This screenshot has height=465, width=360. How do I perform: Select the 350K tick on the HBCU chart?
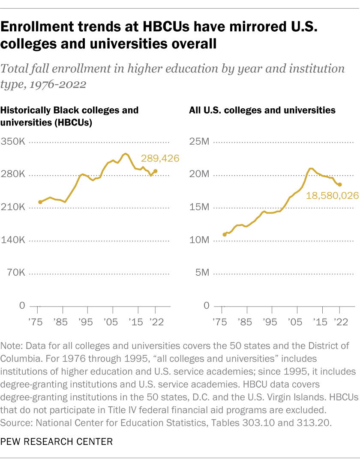tap(13, 142)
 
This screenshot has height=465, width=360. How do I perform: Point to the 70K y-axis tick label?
tap(15, 273)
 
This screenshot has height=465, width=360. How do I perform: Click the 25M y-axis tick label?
tap(199, 142)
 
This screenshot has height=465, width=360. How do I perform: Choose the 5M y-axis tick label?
tap(202, 273)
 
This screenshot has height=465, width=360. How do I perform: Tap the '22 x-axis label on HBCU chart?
tap(155, 322)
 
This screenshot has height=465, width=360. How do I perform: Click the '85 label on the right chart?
tap(245, 322)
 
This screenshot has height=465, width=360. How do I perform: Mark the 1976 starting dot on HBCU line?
tap(40, 202)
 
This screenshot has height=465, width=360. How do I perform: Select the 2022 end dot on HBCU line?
tap(155, 171)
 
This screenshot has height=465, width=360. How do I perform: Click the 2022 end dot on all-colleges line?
tap(339, 185)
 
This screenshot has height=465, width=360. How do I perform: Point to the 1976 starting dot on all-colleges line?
tap(225, 235)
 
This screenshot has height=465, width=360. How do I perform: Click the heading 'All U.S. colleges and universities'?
tap(262, 110)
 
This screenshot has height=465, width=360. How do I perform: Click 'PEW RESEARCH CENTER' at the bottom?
tap(57, 441)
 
